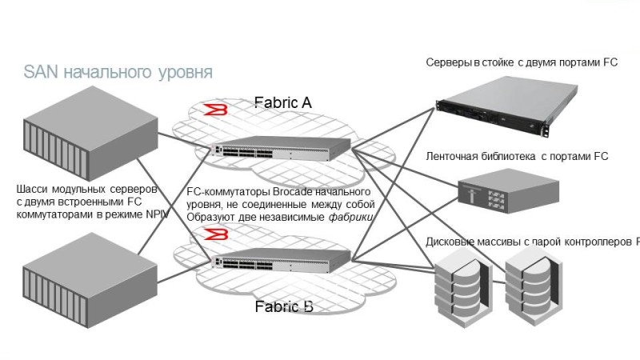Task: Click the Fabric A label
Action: [282, 102]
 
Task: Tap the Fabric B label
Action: [283, 306]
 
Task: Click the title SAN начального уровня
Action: [118, 73]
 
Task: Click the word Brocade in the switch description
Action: [295, 194]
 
